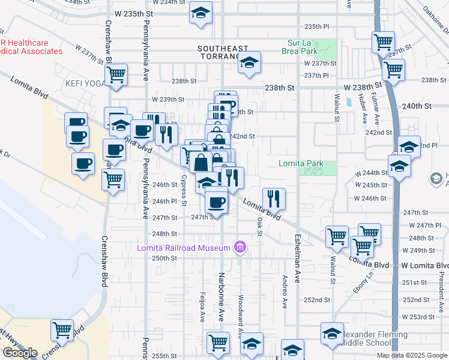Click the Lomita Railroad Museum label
[x=184, y=248]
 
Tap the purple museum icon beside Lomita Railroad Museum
[x=241, y=247]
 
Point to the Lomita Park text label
[x=301, y=163]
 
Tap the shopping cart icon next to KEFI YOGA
[x=115, y=75]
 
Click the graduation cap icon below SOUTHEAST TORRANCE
[x=249, y=62]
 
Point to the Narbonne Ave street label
[x=221, y=294]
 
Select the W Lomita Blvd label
[x=425, y=265]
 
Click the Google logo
[x=20, y=353]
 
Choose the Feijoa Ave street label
[x=202, y=307]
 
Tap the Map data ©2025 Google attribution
[x=411, y=355]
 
